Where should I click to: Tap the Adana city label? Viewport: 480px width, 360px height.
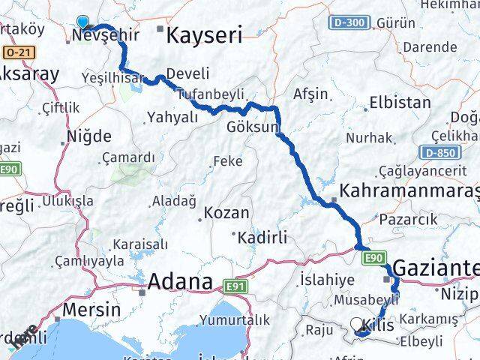[181, 282]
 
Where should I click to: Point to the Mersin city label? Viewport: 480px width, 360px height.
[91, 309]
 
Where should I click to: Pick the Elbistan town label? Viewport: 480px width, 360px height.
[400, 103]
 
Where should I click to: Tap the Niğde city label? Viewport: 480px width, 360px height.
[89, 136]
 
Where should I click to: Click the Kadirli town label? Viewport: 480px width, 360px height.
[262, 238]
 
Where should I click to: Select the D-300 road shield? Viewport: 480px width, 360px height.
[347, 22]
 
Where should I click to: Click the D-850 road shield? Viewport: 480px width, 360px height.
[439, 154]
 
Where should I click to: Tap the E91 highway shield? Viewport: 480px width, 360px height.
[233, 286]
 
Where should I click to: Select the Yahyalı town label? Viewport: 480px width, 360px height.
[172, 117]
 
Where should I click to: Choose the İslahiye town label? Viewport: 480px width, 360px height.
[326, 279]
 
